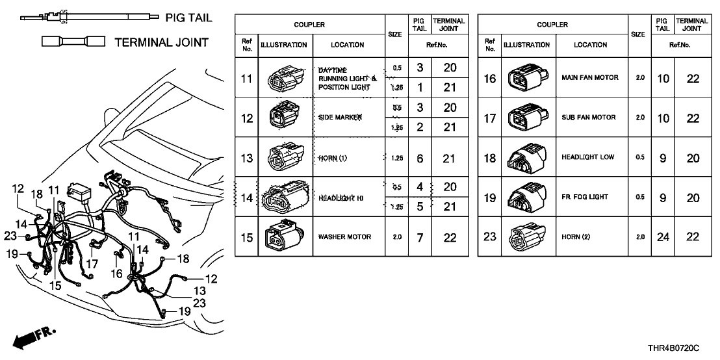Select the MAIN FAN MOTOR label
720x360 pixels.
click(x=589, y=78)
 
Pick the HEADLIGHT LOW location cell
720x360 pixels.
click(x=589, y=157)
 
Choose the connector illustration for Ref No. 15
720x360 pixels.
click(x=285, y=237)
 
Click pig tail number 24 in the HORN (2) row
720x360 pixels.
click(x=662, y=238)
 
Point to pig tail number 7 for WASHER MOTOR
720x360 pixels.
click(x=420, y=238)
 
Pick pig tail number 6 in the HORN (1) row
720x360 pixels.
click(x=420, y=158)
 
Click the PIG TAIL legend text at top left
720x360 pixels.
click(x=188, y=18)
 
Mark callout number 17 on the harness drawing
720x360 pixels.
click(x=92, y=264)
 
